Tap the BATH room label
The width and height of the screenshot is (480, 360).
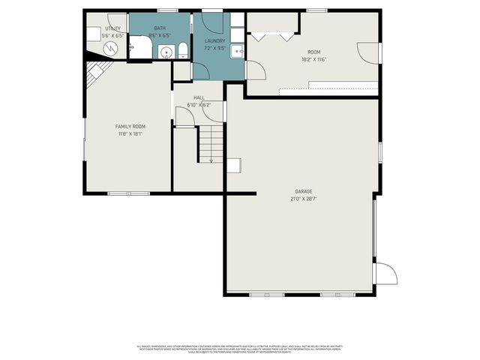tap(160, 28)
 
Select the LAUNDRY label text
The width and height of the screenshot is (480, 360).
tap(215, 40)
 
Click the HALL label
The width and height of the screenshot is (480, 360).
tap(199, 97)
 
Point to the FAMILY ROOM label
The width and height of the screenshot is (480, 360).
tap(130, 127)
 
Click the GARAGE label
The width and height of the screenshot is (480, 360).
tap(303, 191)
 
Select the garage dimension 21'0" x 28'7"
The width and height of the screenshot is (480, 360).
tap(303, 199)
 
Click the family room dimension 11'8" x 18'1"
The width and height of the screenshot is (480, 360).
tap(130, 134)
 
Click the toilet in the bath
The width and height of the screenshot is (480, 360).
tap(181, 50)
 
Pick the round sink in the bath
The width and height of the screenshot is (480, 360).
tap(166, 51)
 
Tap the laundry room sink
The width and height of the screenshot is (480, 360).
tap(236, 50)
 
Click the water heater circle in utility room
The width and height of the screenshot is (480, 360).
tap(111, 48)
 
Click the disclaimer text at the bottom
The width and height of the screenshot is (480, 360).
tap(240, 349)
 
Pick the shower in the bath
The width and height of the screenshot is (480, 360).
tap(139, 46)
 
